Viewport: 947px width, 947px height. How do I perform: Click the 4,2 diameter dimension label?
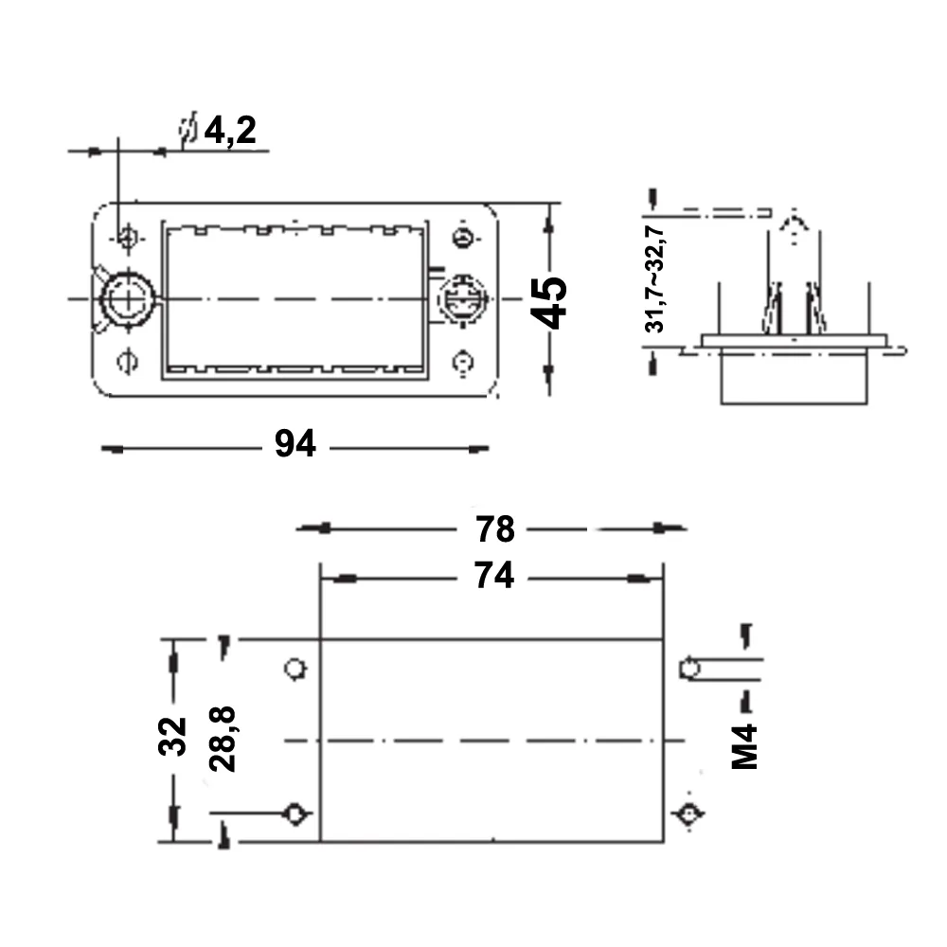click(230, 130)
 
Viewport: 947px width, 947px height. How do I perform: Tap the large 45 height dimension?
click(548, 302)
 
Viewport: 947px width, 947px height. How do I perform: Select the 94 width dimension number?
click(295, 443)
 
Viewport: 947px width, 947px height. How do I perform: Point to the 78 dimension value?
click(495, 529)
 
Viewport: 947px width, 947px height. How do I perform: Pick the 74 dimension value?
click(494, 575)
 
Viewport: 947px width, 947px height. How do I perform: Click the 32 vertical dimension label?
click(172, 736)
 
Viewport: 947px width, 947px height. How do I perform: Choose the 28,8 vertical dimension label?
click(223, 739)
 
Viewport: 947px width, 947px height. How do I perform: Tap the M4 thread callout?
click(744, 746)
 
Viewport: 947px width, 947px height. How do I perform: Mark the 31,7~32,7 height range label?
click(654, 279)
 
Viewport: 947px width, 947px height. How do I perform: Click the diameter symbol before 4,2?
click(188, 129)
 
